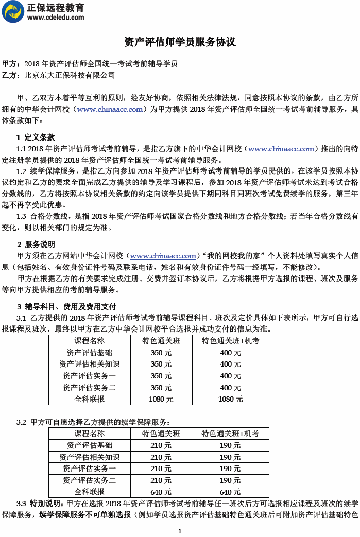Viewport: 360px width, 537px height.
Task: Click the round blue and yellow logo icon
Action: pos(13,12)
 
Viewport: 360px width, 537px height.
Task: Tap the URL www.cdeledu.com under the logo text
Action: pos(56,17)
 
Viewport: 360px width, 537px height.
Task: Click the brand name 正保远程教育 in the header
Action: pos(56,7)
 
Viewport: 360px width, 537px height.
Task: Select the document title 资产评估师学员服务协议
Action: pos(180,42)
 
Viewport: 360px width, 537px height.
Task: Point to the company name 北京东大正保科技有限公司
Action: pos(70,75)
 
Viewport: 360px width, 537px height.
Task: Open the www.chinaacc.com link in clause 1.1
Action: pos(281,149)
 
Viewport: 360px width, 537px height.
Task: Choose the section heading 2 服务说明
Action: pos(36,245)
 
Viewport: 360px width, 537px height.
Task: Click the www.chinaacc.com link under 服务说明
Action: pos(163,256)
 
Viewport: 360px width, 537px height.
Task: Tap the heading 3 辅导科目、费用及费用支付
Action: pos(66,306)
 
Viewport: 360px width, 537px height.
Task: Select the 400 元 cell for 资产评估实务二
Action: pos(230,388)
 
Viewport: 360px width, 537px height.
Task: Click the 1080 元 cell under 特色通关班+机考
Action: pos(230,399)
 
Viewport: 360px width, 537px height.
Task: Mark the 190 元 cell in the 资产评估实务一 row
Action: pos(230,469)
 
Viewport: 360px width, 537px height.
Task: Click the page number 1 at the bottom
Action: pos(180,531)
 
